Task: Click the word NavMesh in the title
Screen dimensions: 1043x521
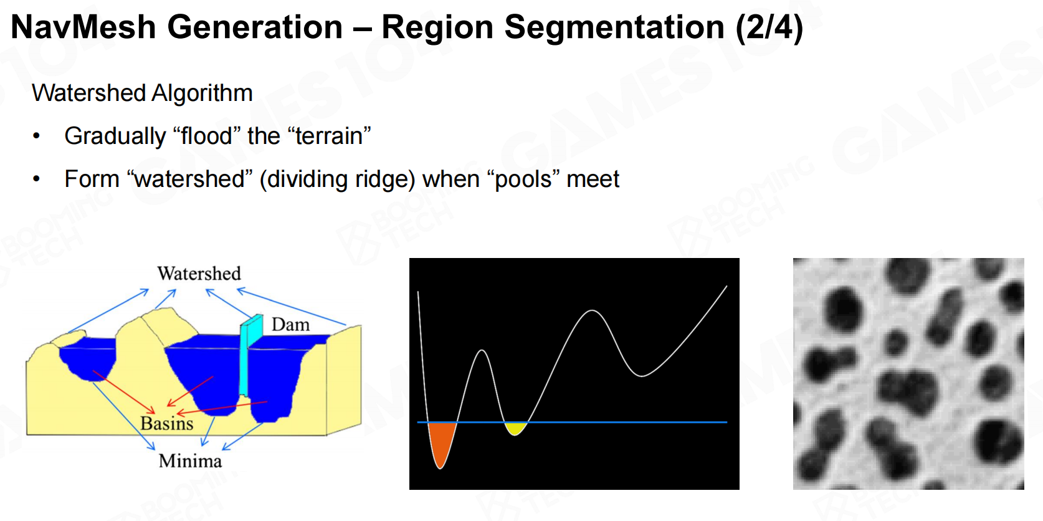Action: coord(83,27)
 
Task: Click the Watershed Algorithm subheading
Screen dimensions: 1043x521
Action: coord(142,93)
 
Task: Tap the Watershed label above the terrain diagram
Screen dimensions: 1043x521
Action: coord(199,274)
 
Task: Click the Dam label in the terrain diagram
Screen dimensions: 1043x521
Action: coord(290,325)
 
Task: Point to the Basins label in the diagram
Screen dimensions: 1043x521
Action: coord(167,423)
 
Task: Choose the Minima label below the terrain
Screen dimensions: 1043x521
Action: coord(190,461)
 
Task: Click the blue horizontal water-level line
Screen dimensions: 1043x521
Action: coord(572,423)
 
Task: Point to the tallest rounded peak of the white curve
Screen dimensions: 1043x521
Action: coord(592,310)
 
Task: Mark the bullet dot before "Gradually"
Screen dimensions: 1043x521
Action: coord(37,136)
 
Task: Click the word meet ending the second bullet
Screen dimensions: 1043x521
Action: coord(593,179)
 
